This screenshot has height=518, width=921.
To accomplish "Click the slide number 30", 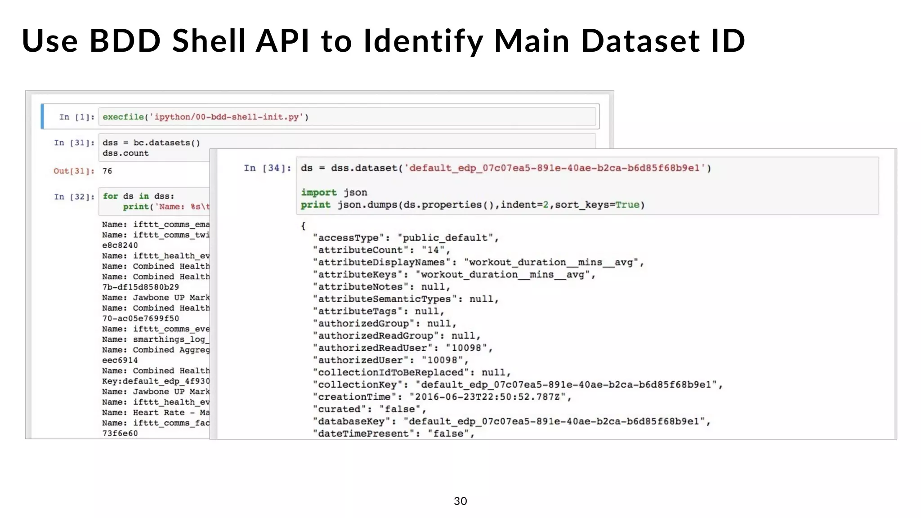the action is coord(460,501).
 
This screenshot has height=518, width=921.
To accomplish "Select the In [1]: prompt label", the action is coord(77,117).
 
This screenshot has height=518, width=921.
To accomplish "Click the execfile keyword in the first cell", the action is coord(123,117).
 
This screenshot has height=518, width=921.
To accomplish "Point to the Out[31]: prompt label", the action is coord(74,171).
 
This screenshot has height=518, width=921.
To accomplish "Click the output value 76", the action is coord(107,171).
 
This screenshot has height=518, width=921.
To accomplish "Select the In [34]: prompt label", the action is coord(267,168).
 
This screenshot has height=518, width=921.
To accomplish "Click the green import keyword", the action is coord(318,192).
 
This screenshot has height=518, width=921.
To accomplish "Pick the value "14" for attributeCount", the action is coord(433,250).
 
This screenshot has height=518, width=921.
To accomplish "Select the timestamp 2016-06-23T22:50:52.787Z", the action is coord(487,397).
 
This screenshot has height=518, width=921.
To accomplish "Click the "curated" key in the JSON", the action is coord(343,409).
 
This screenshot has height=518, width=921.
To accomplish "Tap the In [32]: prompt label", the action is coord(74,197).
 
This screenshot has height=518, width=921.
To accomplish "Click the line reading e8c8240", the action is coord(120,246).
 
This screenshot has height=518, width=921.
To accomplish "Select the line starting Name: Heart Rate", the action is coord(156,412).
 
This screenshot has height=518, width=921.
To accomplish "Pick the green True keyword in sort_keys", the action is coord(627,205).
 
